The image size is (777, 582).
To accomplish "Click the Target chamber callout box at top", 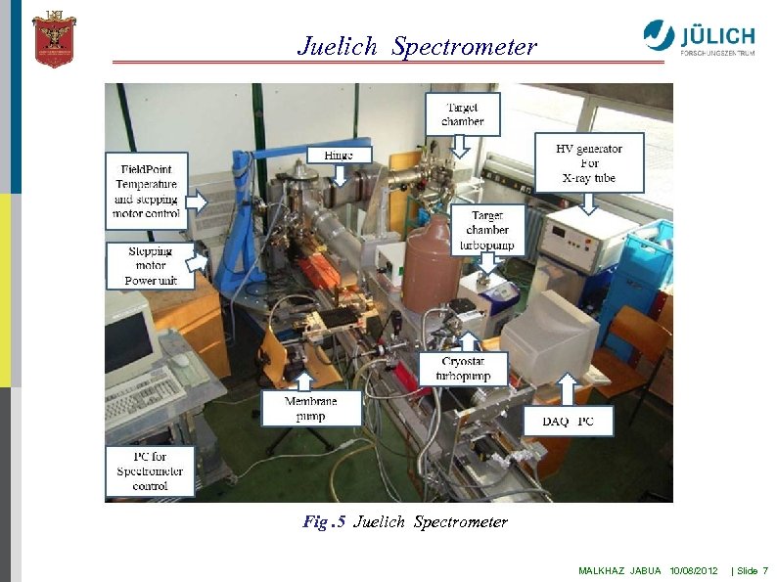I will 463,114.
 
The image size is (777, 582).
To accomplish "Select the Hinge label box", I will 339,155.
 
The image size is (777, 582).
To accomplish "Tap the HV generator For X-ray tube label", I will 589,162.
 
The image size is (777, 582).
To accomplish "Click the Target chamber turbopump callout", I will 487,230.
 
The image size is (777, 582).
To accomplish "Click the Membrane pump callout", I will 310,409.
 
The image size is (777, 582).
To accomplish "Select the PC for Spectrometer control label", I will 150,470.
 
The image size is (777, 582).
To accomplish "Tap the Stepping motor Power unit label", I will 151,266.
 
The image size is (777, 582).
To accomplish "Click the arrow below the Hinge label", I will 339,175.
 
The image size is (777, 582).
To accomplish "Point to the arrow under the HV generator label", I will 589,203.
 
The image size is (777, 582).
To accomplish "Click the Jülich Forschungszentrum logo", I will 699,39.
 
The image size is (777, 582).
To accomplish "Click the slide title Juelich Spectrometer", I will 417,46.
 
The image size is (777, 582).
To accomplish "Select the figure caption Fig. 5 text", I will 405,522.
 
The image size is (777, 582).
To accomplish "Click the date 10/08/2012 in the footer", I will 694,570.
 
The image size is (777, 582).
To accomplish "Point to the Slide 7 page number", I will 752,570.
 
